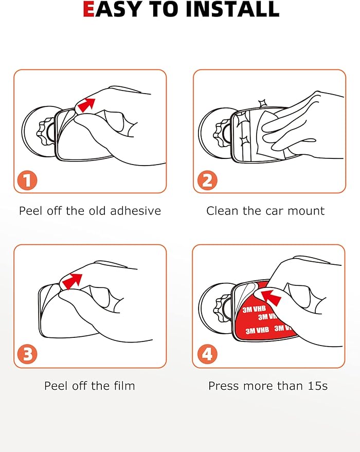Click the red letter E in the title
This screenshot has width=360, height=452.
(88, 9)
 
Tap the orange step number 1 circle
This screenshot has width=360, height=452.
(27, 180)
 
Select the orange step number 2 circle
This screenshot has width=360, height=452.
(207, 180)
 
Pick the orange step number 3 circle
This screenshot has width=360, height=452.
(27, 354)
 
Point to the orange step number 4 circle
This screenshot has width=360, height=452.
(207, 354)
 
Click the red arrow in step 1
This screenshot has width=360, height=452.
(86, 105)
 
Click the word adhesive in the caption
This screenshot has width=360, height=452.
(135, 211)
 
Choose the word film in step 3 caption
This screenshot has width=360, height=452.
(124, 386)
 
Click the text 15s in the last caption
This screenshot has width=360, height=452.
(318, 386)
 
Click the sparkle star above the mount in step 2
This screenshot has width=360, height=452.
(262, 103)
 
